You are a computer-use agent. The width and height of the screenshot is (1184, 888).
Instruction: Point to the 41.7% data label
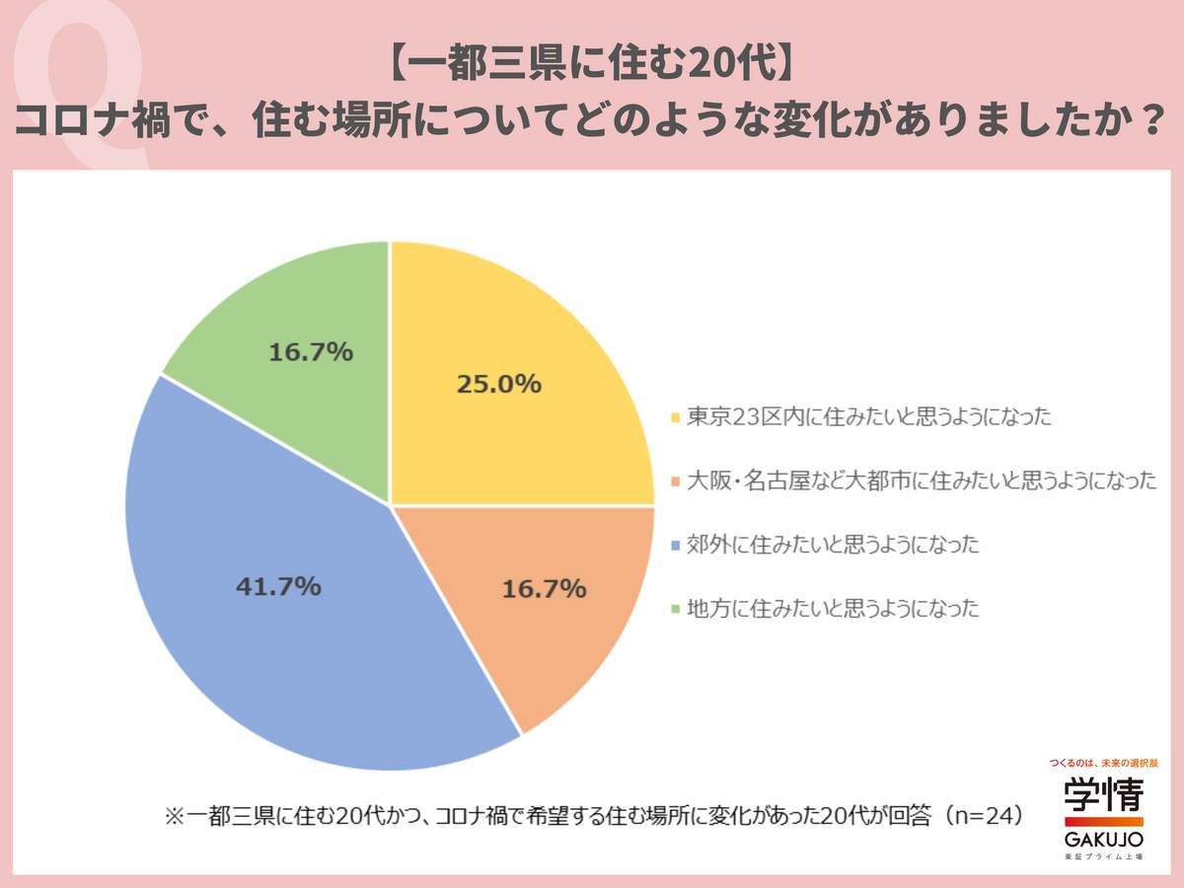point(278,586)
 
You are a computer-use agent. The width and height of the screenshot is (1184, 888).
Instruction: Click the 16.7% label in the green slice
point(311,352)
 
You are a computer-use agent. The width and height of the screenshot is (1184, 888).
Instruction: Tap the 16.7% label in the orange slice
point(545,590)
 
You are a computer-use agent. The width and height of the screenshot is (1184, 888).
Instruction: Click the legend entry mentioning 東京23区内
point(868,416)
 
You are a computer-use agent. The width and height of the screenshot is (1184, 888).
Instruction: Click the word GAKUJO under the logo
point(1103,840)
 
